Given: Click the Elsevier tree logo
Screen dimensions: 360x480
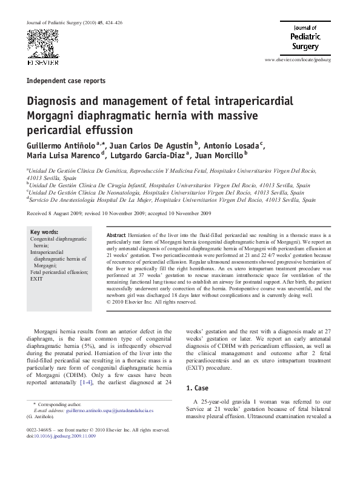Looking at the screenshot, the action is [42, 41].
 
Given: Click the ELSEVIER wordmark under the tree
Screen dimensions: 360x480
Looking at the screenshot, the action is [42, 62].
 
